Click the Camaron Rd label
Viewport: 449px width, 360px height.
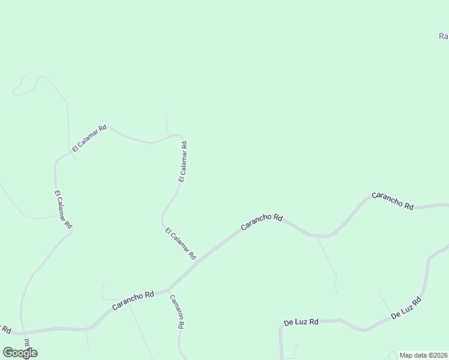(176, 312)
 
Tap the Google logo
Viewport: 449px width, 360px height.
(20, 353)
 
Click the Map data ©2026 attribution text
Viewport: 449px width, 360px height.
(424, 355)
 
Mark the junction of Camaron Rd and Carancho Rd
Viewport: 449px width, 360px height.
(169, 289)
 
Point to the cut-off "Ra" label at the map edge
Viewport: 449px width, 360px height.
(444, 36)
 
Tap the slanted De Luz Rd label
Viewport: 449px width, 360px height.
(406, 308)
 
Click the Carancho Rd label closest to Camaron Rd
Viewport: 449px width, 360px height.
(133, 300)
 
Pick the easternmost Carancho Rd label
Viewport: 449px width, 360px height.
(393, 200)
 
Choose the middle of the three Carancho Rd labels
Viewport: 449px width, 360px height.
(261, 221)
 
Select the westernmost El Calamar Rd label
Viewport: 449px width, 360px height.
(63, 209)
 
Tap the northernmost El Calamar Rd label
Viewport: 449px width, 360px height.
(89, 138)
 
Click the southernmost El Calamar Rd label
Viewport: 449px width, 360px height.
(180, 243)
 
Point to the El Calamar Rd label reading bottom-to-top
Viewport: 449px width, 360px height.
(183, 161)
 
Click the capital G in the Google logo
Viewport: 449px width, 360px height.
(8, 353)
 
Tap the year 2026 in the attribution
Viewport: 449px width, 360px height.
(441, 355)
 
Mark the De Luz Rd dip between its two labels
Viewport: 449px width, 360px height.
(363, 329)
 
